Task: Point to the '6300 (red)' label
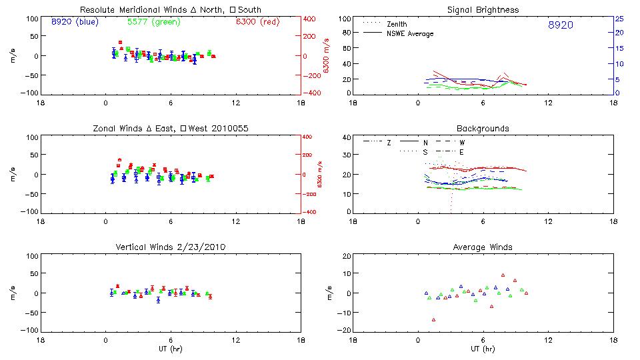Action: click(x=257, y=21)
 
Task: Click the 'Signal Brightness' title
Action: click(x=483, y=10)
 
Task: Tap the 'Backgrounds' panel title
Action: click(x=483, y=128)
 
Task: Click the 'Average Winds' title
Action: click(x=483, y=247)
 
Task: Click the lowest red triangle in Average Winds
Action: click(x=433, y=320)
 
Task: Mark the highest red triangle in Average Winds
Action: click(x=503, y=275)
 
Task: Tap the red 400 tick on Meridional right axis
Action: click(x=311, y=19)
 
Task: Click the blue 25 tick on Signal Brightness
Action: click(x=619, y=19)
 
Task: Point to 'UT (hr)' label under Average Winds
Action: click(x=483, y=349)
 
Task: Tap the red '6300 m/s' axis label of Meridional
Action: click(x=326, y=57)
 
